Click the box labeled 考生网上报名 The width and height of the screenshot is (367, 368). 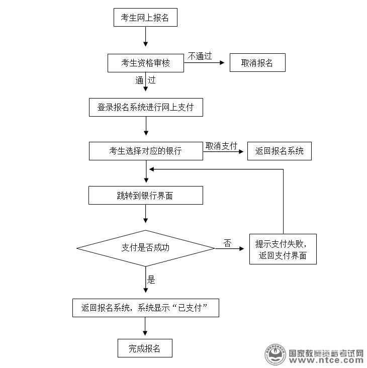(145, 19)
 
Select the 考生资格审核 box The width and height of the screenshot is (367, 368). (145, 63)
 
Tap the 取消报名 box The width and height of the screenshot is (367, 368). (257, 63)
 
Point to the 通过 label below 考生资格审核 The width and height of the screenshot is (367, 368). (145, 79)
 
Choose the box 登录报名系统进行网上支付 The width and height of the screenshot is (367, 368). (145, 108)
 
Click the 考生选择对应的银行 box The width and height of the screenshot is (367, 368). (145, 151)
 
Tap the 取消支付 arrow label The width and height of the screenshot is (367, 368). (221, 145)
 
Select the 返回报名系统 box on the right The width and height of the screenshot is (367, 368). (279, 151)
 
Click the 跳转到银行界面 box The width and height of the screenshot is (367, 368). (145, 196)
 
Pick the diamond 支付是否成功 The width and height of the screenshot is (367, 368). (145, 247)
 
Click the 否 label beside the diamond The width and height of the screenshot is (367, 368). (227, 243)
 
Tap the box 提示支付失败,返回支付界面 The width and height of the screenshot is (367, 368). (283, 250)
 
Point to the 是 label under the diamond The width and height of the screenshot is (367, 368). (151, 280)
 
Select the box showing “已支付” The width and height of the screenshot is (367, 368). (145, 308)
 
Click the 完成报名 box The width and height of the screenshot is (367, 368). (145, 348)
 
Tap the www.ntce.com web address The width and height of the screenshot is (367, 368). (326, 360)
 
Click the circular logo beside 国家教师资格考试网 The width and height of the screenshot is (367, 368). (274, 355)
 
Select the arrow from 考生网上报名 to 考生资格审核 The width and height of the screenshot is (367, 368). (145, 38)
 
